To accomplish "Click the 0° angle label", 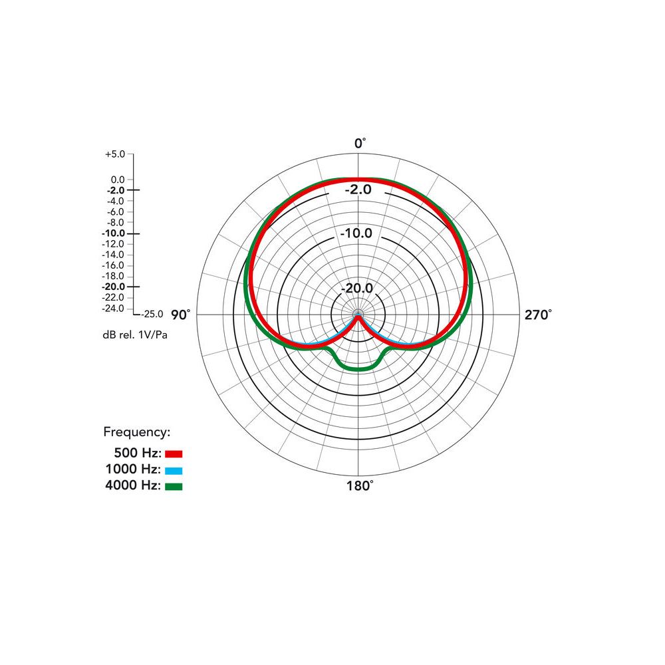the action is tap(360, 144).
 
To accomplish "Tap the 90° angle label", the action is tap(181, 315).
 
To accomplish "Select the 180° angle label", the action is tap(360, 485).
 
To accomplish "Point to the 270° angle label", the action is tap(538, 315).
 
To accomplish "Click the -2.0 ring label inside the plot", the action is tap(358, 189).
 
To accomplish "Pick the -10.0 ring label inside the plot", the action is tap(356, 233).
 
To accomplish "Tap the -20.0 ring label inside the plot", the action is tap(357, 288).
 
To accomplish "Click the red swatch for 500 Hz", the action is tap(174, 454).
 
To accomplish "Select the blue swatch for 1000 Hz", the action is tap(174, 470).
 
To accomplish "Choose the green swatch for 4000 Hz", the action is tap(174, 487).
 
